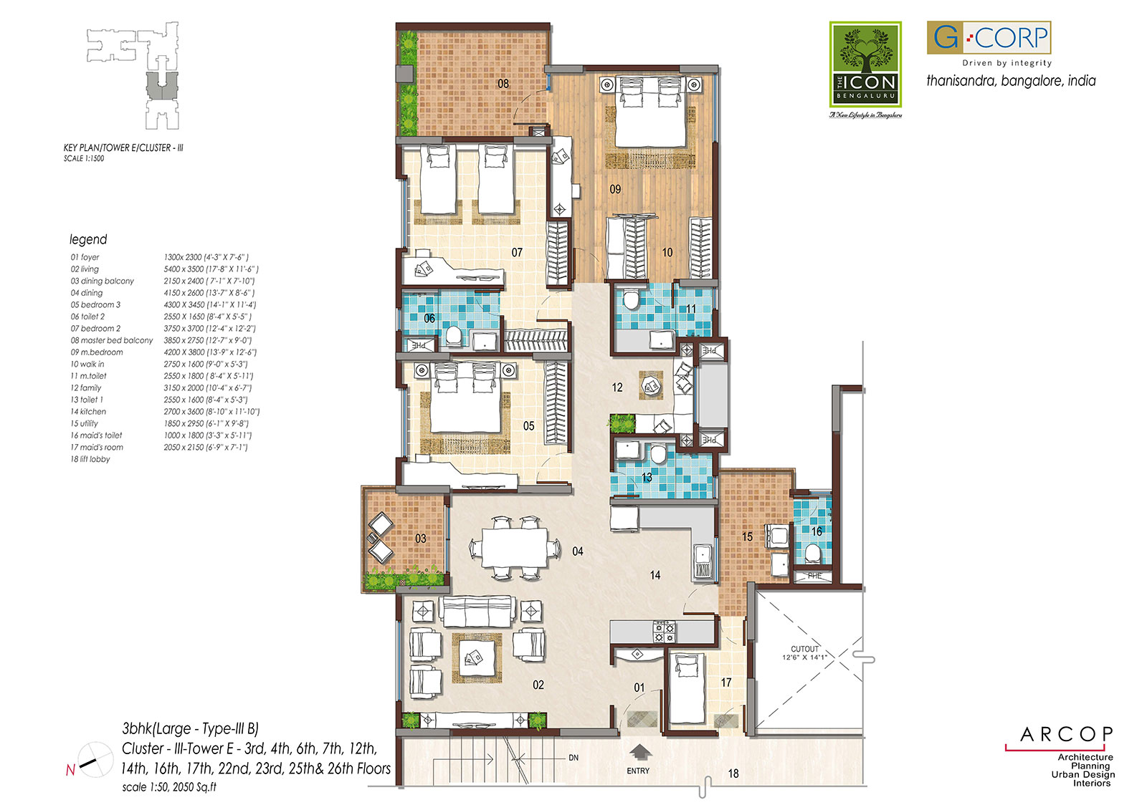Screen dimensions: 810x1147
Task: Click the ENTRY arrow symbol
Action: coord(639,752)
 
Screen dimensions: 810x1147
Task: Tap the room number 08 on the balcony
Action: coord(503,84)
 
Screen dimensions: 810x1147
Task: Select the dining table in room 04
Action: coord(514,548)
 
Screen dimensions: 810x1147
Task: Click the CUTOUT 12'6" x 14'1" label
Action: coord(804,652)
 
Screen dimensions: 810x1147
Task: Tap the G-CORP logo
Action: coord(989,37)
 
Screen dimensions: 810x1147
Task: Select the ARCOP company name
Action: coord(1066,734)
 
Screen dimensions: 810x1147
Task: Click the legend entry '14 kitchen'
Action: coord(88,412)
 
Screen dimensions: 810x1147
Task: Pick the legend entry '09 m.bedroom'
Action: coord(97,352)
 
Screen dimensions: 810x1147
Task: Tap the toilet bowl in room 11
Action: coord(632,299)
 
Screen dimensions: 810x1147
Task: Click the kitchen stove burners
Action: coord(664,631)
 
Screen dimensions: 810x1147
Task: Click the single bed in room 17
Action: coord(687,688)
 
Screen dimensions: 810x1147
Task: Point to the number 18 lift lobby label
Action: coord(733,773)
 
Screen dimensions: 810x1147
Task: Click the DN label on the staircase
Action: coord(573,758)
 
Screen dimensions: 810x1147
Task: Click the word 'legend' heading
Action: coord(88,240)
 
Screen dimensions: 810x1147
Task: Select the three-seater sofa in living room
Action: coord(477,610)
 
